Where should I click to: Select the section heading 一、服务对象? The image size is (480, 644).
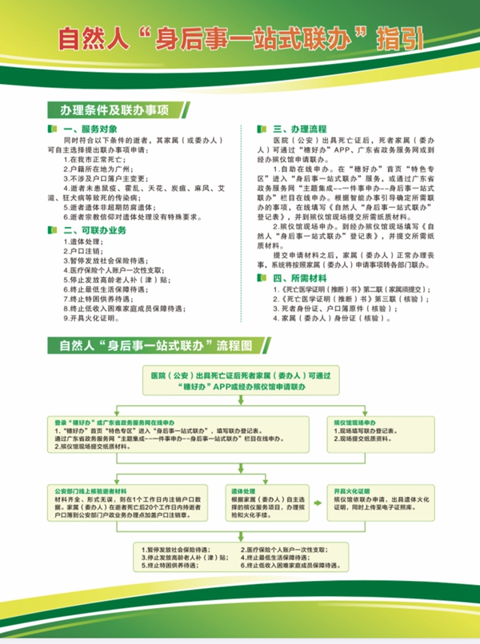pos(88,128)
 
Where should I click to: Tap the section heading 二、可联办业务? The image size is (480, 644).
pos(94,229)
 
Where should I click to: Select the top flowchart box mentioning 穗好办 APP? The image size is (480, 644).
pos(239,379)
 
